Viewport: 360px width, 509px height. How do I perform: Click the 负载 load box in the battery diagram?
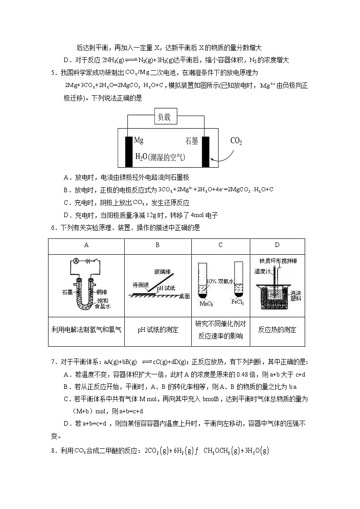click(164, 117)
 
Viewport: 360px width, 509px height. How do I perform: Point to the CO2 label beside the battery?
click(236, 141)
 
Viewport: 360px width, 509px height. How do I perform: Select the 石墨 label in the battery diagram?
click(192, 141)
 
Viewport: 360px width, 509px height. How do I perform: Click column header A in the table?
click(86, 245)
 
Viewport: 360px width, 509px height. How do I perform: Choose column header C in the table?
click(220, 245)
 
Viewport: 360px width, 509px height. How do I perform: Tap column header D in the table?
click(277, 245)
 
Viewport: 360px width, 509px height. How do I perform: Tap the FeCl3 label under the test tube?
click(238, 302)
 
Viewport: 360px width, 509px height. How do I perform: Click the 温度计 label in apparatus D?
click(262, 271)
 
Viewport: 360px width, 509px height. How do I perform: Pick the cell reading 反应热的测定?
click(277, 330)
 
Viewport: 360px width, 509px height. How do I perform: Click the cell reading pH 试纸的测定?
click(158, 330)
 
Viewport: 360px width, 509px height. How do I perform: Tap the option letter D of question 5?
click(66, 215)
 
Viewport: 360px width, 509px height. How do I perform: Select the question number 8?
click(53, 451)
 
